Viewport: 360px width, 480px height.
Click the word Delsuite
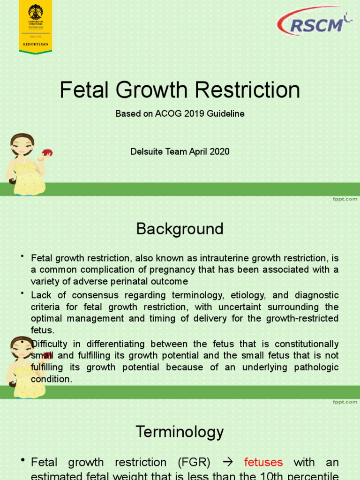pos(146,151)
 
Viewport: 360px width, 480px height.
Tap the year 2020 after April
pos(220,151)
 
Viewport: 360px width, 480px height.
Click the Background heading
pos(180,229)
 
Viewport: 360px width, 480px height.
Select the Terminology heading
pos(180,431)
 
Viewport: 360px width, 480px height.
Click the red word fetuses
pos(263,463)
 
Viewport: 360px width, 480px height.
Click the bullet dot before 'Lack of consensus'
pos(22,293)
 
